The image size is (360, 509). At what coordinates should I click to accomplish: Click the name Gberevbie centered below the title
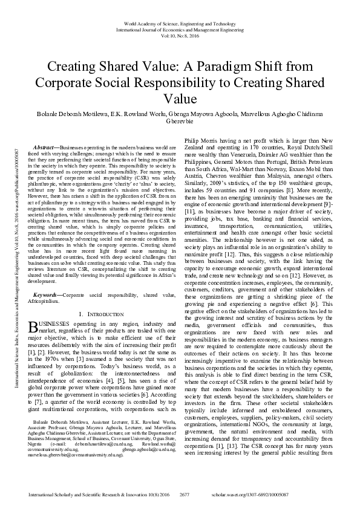tap(180, 120)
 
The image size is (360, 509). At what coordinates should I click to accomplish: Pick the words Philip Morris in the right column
tap(201, 139)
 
